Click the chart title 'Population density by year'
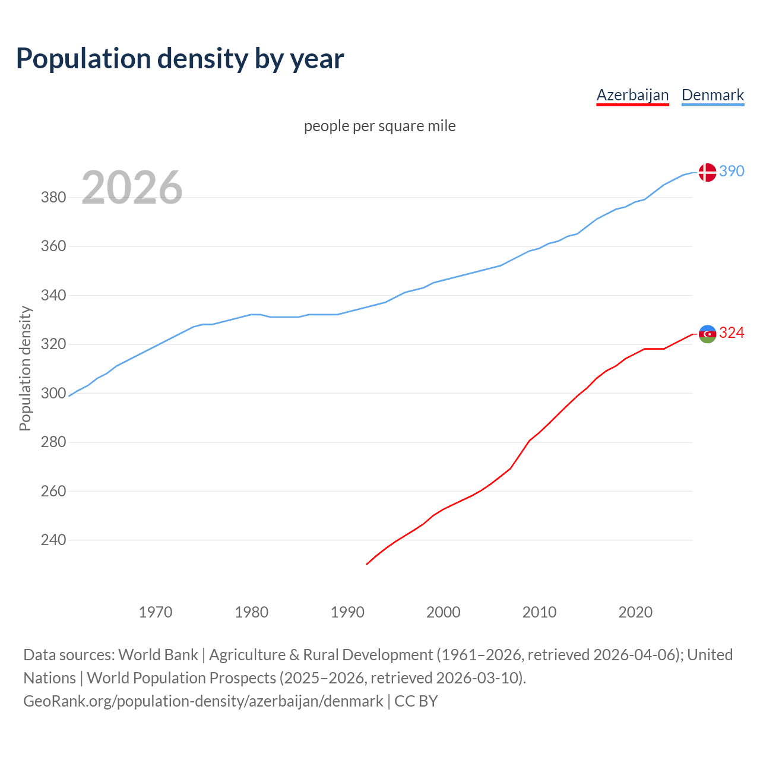[x=180, y=59]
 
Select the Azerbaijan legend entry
[x=632, y=95]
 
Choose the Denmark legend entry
[x=712, y=95]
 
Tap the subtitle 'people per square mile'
[x=380, y=126]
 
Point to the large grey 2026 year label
[x=132, y=188]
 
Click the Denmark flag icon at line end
[x=707, y=172]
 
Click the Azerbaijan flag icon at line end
[x=707, y=334]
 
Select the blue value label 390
[x=731, y=171]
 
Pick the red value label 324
[x=731, y=333]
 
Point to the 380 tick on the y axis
[x=53, y=197]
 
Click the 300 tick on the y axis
[x=53, y=393]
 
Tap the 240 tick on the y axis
[x=53, y=540]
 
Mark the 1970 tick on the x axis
[x=156, y=612]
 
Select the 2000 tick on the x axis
[x=444, y=612]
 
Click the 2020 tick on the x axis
[x=635, y=612]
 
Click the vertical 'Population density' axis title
[x=25, y=368]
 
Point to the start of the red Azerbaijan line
[x=367, y=564]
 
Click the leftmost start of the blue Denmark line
[x=69, y=396]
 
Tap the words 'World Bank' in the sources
[x=158, y=655]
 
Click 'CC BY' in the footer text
[x=416, y=701]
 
